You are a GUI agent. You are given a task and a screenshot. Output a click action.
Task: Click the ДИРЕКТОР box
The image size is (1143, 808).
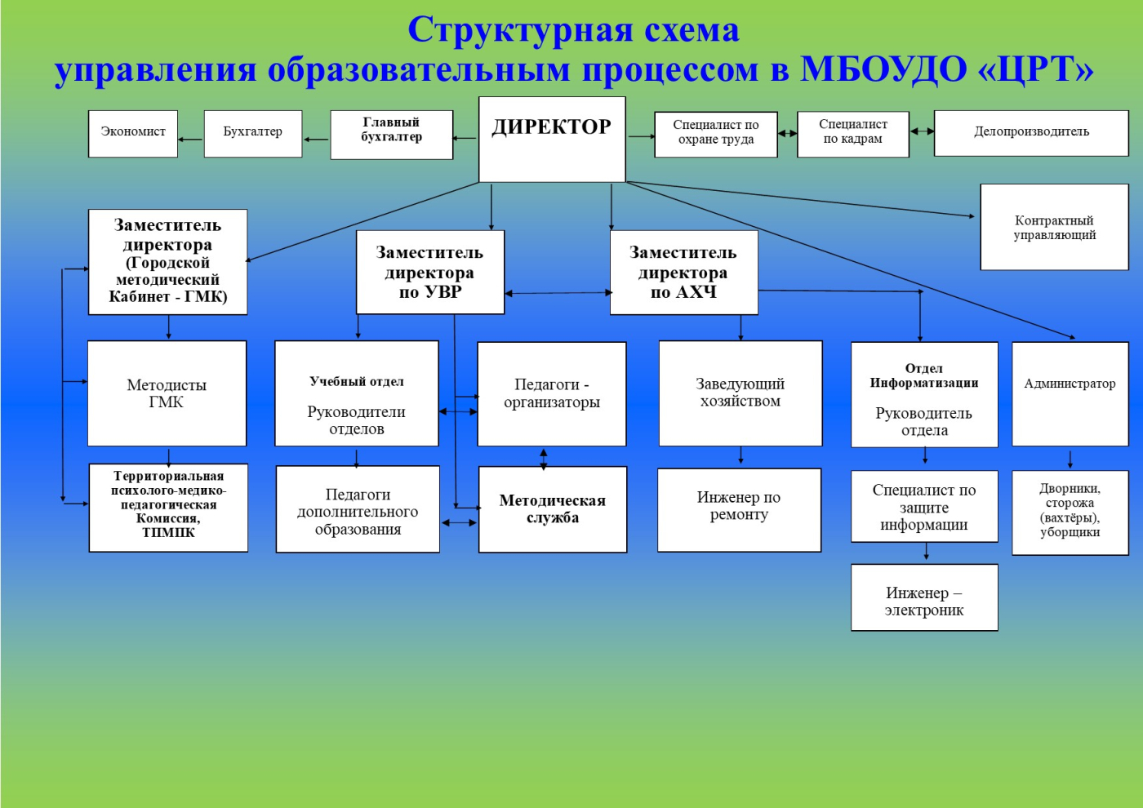(552, 140)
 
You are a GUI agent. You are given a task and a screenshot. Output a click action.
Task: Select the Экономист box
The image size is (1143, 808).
(133, 134)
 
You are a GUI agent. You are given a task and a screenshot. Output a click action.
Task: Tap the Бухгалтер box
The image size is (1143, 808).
(253, 134)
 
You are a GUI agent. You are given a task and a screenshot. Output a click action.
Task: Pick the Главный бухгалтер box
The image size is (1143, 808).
(391, 135)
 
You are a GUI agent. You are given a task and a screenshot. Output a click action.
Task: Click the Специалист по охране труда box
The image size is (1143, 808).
(716, 134)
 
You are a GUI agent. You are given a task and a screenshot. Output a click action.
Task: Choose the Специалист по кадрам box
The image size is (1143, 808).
(853, 134)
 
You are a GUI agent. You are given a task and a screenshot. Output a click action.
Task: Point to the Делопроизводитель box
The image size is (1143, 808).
(1031, 133)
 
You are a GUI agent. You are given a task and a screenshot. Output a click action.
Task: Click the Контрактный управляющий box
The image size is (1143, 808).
(1054, 227)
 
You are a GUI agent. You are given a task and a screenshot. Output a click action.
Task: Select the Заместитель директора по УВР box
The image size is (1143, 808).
(430, 272)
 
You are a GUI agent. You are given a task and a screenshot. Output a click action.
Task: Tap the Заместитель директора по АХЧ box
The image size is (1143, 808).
(684, 272)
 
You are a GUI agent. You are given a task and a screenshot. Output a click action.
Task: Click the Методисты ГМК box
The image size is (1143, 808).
(167, 393)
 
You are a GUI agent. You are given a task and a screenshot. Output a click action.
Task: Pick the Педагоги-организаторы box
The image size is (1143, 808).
(552, 393)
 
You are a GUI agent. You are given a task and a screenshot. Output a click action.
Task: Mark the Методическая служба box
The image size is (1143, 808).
(553, 509)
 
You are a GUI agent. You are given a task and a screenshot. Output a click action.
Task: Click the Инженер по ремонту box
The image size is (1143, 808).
(740, 510)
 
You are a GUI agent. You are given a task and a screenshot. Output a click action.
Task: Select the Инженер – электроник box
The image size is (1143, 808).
(924, 597)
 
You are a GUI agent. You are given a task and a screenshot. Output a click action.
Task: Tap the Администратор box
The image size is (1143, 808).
(1070, 393)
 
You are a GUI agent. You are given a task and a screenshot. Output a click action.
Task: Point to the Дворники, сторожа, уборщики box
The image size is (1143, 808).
(1070, 513)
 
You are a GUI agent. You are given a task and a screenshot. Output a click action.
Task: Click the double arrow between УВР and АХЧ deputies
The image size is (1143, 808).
(558, 293)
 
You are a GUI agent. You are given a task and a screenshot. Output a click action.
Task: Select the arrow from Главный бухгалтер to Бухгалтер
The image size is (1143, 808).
(317, 139)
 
